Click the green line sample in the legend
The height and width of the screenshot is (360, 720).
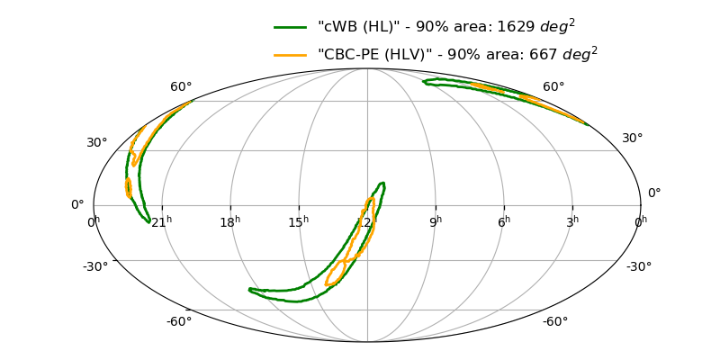290,28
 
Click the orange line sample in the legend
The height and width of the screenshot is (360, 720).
290,55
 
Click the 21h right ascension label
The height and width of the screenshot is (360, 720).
162,221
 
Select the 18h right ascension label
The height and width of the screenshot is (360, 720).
230,221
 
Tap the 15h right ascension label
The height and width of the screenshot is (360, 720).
299,221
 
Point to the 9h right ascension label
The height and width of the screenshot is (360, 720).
436,221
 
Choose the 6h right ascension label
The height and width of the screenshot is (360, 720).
504,221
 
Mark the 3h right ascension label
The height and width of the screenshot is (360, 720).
572,221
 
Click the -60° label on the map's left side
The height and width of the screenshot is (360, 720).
179,321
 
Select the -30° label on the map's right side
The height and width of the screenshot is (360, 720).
639,266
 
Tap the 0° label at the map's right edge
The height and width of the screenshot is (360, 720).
654,193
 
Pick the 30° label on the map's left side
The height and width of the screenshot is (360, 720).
97,143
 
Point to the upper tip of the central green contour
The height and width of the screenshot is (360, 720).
382,183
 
